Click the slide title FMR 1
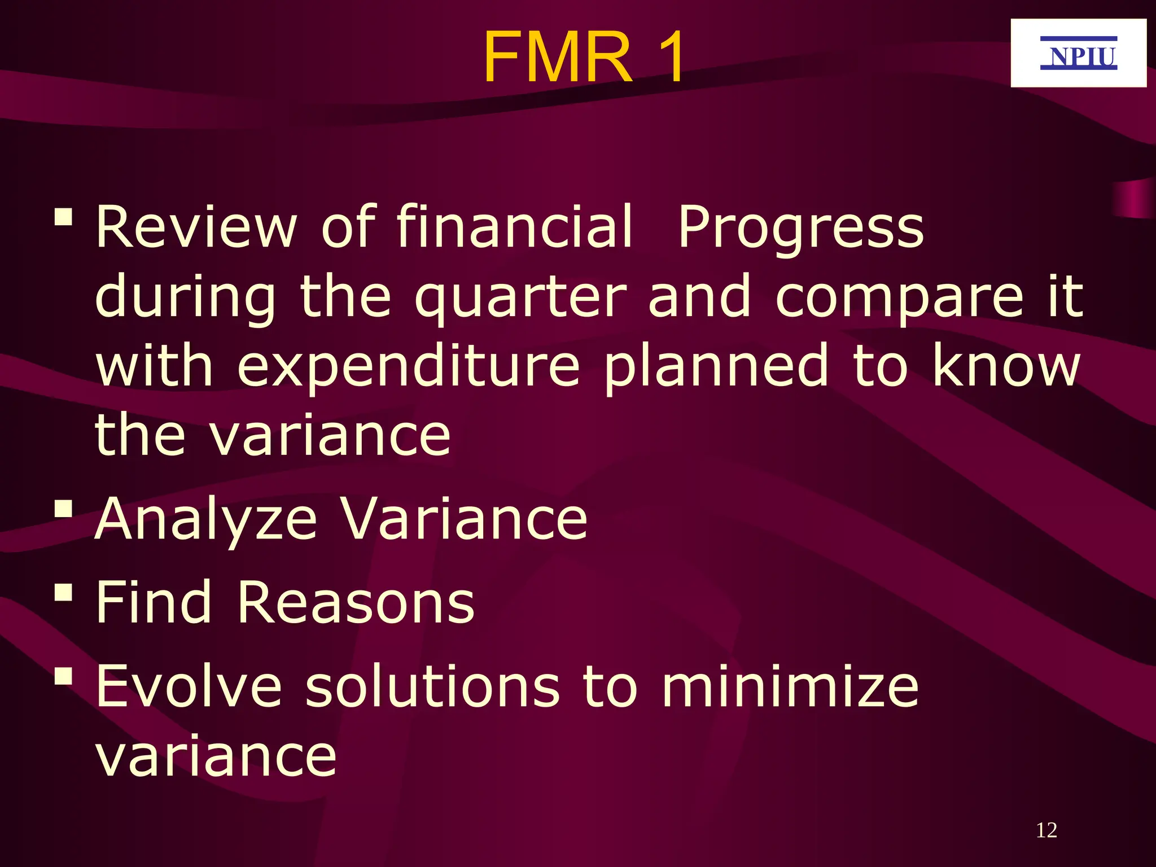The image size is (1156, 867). (x=584, y=58)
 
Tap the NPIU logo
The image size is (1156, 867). (x=1078, y=54)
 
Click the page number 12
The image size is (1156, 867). (x=1046, y=830)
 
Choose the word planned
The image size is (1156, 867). (x=716, y=367)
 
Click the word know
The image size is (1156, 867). (x=1006, y=367)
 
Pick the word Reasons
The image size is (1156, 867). (x=356, y=603)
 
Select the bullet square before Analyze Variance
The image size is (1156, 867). (x=64, y=509)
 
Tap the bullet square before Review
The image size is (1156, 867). (x=64, y=217)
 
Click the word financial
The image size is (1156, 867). (x=515, y=227)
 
